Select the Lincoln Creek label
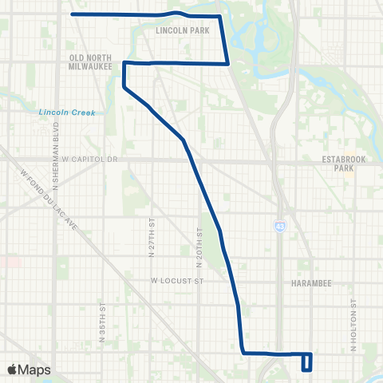click(67, 113)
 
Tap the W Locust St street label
click(178, 281)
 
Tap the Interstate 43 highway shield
click(279, 227)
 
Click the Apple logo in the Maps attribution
click(12, 369)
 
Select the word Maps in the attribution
click(35, 369)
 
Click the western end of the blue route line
click(73, 14)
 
